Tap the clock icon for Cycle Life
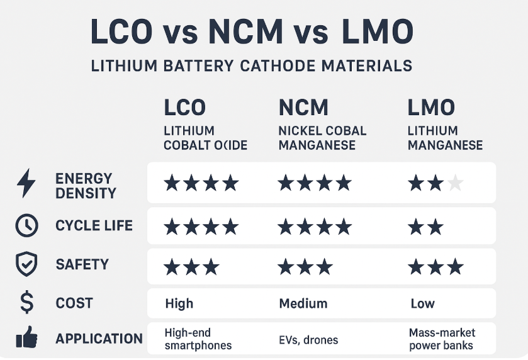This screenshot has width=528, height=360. tap(26, 225)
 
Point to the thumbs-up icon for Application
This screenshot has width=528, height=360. tap(26, 339)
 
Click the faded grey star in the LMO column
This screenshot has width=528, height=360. tap(455, 183)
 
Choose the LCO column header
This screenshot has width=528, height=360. tap(184, 108)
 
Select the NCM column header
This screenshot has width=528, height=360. tap(303, 108)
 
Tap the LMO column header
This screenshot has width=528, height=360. tap(431, 108)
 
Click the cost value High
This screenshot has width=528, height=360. tap(179, 303)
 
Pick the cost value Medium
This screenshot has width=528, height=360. tap(303, 303)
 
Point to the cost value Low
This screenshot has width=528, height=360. tap(422, 303)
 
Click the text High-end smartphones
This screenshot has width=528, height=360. tap(198, 339)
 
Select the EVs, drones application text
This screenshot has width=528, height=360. tap(308, 340)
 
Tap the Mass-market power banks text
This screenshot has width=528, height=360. tap(442, 339)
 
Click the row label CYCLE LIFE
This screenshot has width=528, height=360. tap(94, 225)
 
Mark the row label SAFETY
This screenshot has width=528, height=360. tap(82, 265)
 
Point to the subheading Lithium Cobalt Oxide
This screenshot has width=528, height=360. tap(205, 138)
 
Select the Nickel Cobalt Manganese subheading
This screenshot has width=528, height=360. tap(322, 138)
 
